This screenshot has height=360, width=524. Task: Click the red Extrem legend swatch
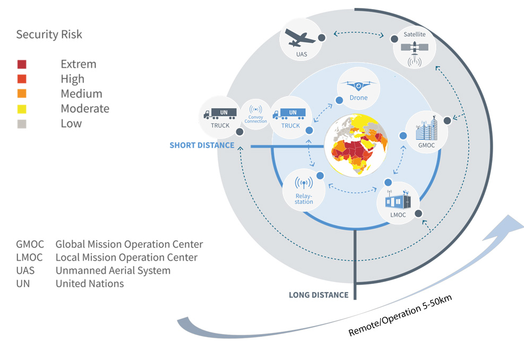click(x=22, y=64)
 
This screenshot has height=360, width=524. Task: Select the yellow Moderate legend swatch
click(x=22, y=109)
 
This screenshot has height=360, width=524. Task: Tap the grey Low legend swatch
click(x=22, y=124)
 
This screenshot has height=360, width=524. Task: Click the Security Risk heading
click(x=49, y=35)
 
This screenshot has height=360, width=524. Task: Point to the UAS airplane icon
click(x=299, y=38)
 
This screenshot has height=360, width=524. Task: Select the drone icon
click(x=358, y=85)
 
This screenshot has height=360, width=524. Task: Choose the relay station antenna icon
click(x=304, y=183)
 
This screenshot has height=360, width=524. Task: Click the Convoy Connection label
click(x=256, y=119)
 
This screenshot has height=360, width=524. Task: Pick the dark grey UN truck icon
click(x=220, y=114)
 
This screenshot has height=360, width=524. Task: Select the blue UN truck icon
click(x=289, y=114)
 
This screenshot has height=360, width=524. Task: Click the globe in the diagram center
click(x=356, y=145)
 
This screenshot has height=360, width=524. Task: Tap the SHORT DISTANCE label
click(x=202, y=145)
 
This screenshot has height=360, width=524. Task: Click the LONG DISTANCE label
click(x=319, y=295)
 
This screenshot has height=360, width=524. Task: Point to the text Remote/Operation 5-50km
click(x=400, y=315)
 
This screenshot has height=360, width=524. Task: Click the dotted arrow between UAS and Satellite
click(x=358, y=33)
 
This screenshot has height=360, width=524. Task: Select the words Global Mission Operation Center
click(x=129, y=244)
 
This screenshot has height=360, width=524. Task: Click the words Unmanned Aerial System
click(x=113, y=270)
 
